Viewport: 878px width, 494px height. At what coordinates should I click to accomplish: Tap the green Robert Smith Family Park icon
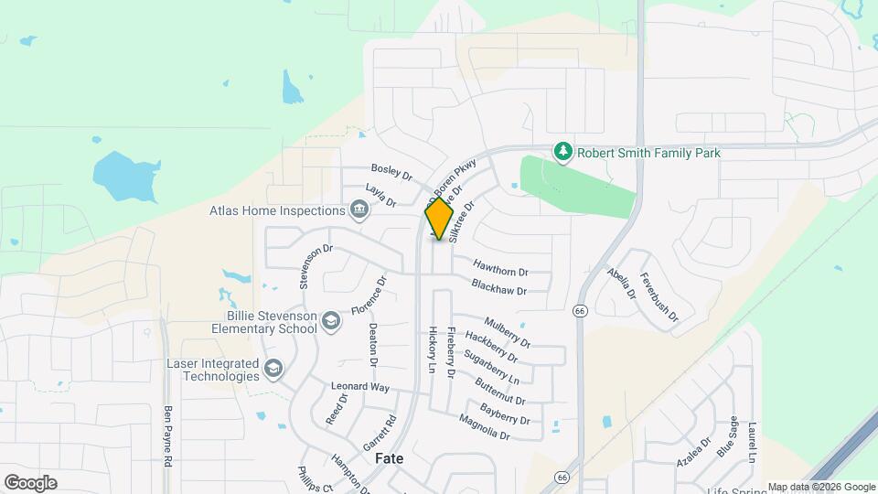point(564,152)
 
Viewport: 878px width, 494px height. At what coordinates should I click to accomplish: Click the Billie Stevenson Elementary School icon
point(330,319)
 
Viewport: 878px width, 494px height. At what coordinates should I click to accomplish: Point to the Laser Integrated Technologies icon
point(272,369)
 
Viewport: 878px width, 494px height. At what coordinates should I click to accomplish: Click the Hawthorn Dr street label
point(500,271)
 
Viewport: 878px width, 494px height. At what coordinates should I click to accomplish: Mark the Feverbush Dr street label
point(658,297)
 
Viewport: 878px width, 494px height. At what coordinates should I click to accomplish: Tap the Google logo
point(30,482)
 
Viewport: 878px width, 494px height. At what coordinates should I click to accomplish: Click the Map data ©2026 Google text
point(820,487)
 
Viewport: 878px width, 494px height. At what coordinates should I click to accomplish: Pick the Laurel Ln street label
point(752,442)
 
